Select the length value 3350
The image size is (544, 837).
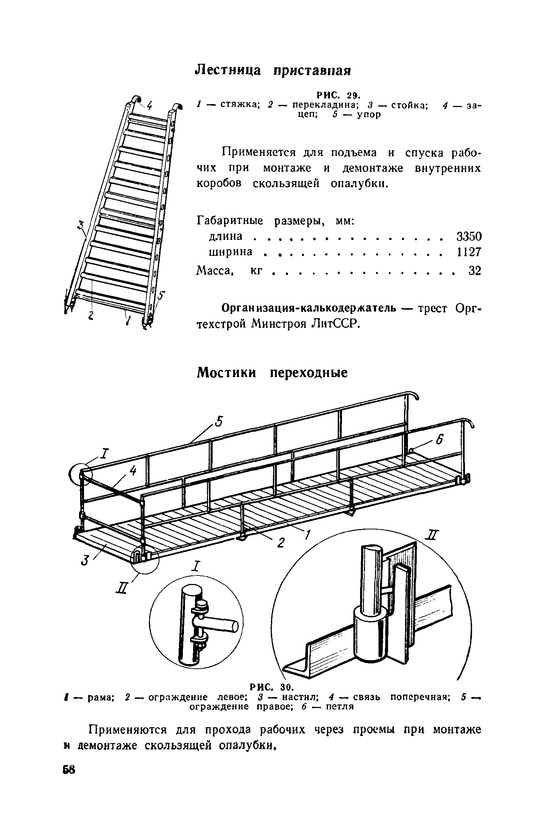(x=469, y=236)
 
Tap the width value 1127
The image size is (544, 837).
(x=469, y=252)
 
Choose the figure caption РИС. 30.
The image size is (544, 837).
(x=271, y=688)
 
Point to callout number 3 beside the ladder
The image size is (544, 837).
(x=82, y=225)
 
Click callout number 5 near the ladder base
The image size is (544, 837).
(x=161, y=296)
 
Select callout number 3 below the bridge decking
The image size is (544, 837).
(x=84, y=561)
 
